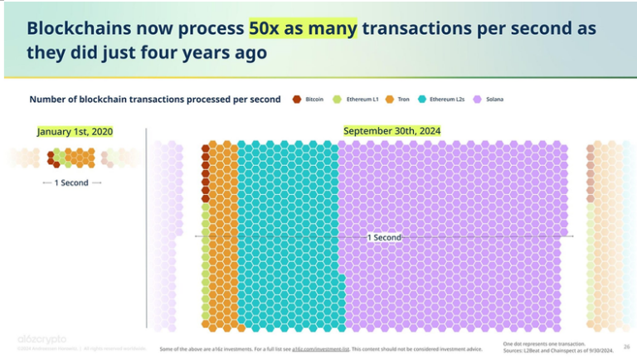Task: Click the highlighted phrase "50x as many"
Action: pos(303,27)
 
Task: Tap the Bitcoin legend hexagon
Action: pos(297,100)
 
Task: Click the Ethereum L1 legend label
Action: pos(362,100)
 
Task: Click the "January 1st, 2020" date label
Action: pos(75,132)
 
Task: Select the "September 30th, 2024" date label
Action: pos(391,131)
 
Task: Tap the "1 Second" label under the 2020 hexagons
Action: pos(71,182)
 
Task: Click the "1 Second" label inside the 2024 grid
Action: pos(384,237)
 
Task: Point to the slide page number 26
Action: pos(626,346)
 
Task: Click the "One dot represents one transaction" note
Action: pos(544,343)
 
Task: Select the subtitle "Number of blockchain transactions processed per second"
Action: pos(155,100)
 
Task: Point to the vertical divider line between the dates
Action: pos(147,224)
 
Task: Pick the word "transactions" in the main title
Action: pos(421,27)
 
